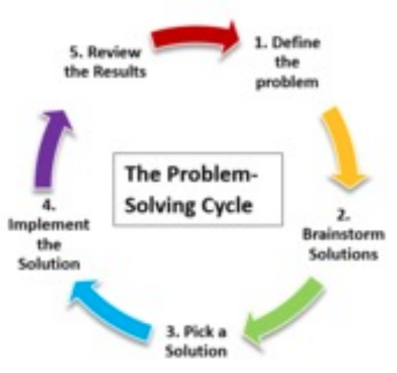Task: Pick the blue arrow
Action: click(x=112, y=307)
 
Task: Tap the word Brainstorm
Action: click(x=344, y=234)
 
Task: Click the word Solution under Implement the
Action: click(x=49, y=264)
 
